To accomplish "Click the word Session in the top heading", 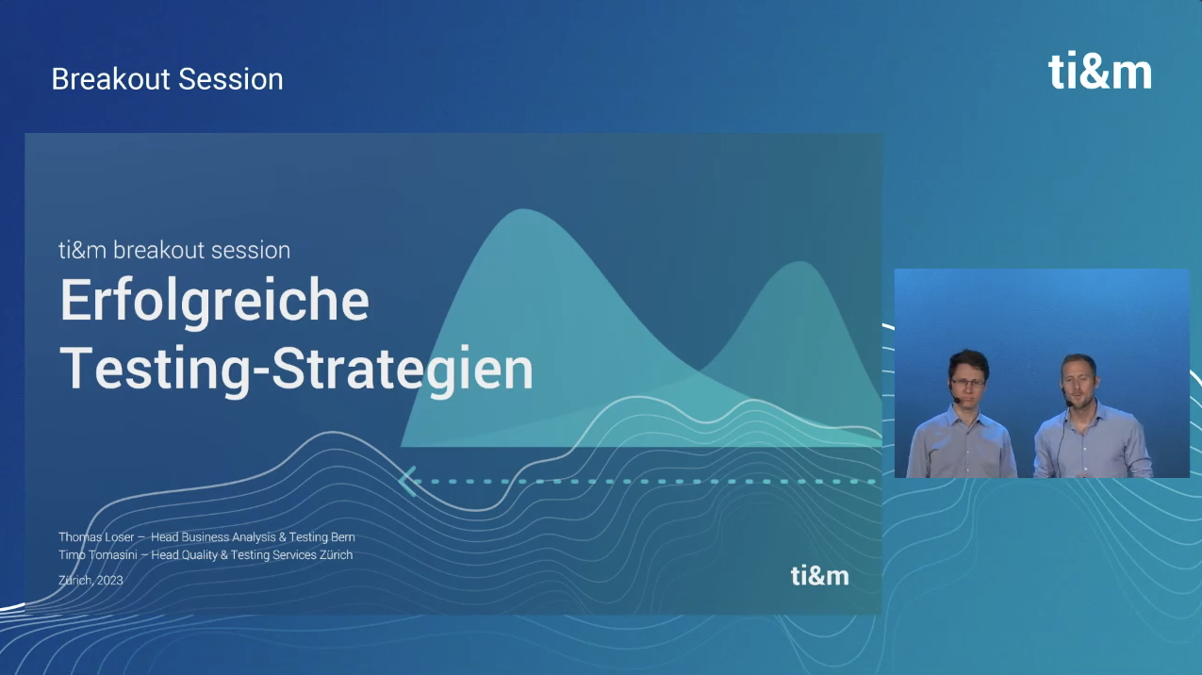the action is [231, 79].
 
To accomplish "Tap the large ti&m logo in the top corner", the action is [1099, 72].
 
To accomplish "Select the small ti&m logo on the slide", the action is [820, 576].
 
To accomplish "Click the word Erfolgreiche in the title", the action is [215, 301].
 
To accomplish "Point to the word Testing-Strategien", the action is [296, 370].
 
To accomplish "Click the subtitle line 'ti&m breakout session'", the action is [174, 250].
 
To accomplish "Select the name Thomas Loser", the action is [96, 537].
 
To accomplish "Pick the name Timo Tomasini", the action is [98, 555].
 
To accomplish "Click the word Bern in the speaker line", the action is [342, 537].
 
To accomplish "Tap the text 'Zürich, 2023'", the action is [91, 580].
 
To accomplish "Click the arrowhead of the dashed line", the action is [408, 482].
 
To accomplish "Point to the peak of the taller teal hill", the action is [523, 210].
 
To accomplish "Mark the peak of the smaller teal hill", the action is [800, 262].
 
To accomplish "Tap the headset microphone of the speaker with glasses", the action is [956, 400].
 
